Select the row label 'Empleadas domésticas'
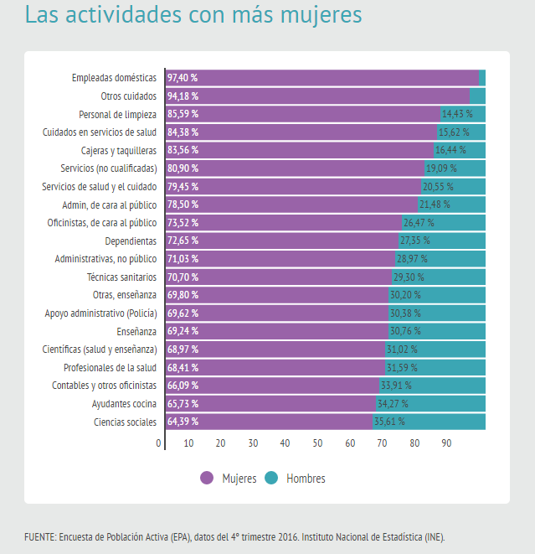point(114,78)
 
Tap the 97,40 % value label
point(183,78)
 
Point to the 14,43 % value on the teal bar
point(457,114)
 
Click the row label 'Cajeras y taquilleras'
point(119,150)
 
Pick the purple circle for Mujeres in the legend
point(208,478)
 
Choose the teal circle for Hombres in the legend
point(271,478)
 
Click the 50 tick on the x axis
point(317,443)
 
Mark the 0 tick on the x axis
point(158,443)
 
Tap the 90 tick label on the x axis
point(446,443)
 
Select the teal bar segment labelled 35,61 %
point(429,422)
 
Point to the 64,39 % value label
point(183,422)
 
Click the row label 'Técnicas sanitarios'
point(121,277)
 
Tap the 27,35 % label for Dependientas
point(415,241)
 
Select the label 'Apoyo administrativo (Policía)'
point(100,313)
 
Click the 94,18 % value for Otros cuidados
point(183,96)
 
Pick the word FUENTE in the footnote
point(39,536)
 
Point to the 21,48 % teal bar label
point(435,205)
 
